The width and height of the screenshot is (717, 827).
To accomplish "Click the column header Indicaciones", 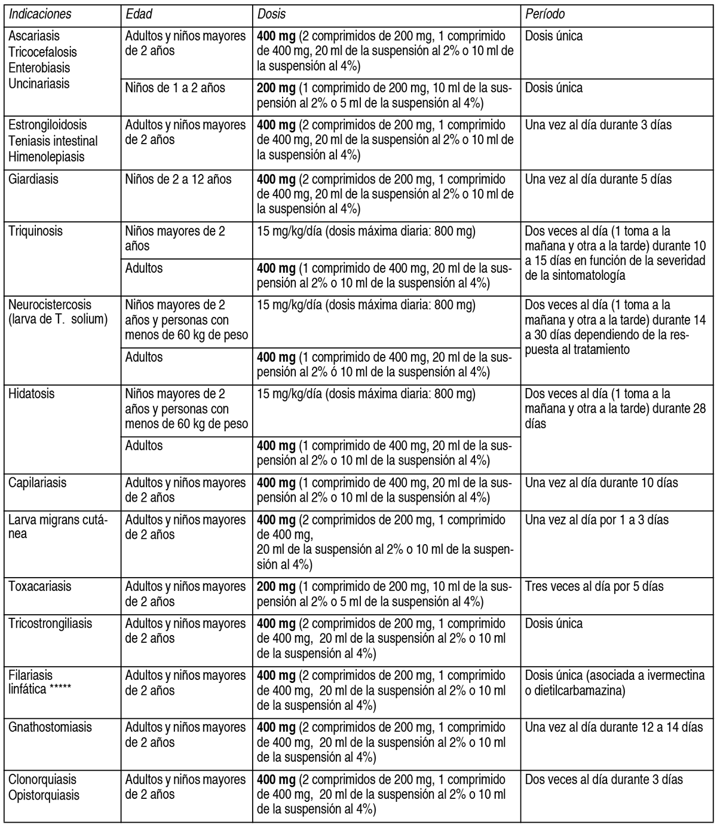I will click(39, 14).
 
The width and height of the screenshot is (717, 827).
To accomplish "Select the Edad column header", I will click(139, 14).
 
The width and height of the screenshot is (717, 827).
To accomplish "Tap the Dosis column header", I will click(271, 14).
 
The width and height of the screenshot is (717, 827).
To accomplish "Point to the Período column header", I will click(545, 14).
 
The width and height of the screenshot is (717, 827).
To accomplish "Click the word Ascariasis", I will click(34, 36).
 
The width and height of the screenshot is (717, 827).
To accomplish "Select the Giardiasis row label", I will click(33, 179).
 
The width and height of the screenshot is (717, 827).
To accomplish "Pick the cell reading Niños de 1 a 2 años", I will click(175, 88).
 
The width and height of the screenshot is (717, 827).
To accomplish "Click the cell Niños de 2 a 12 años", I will click(178, 179).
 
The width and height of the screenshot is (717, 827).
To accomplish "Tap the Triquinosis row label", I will click(35, 231).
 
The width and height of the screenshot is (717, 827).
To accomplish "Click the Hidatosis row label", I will click(31, 394).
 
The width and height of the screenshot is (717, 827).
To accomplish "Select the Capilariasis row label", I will click(37, 483).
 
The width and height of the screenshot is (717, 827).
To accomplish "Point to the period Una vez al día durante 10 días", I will click(602, 483).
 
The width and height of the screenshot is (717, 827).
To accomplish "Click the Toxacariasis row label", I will click(39, 586).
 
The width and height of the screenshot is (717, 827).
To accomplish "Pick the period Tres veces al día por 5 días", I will click(595, 586).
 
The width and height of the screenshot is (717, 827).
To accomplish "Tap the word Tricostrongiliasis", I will click(50, 623).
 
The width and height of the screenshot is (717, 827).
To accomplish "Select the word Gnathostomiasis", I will click(50, 727).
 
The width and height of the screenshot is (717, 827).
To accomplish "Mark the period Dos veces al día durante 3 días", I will click(604, 780).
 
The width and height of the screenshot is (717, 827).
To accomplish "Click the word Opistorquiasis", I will click(44, 795).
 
